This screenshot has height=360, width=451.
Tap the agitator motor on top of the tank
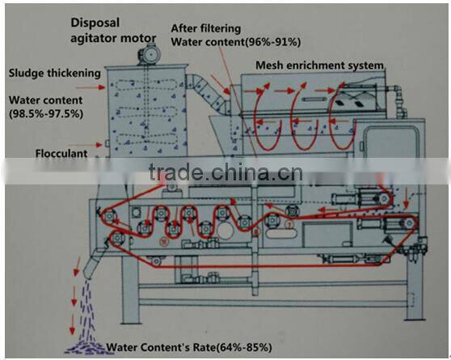tap(149, 54)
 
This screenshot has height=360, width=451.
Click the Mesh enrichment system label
tap(319, 66)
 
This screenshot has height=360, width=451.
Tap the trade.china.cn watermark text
tap(226, 172)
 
